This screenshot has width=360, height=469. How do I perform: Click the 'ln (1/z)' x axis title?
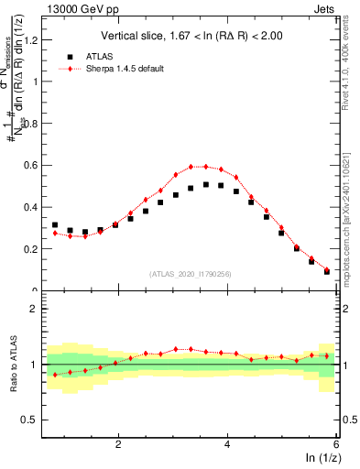[x=320, y=459]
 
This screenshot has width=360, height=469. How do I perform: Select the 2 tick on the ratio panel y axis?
[x=35, y=309]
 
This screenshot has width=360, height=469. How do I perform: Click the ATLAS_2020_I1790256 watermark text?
[x=191, y=274]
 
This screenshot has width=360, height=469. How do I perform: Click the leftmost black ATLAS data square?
[x=55, y=225]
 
